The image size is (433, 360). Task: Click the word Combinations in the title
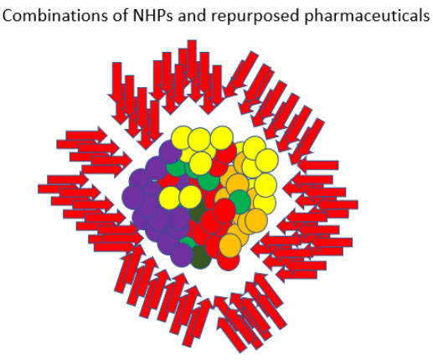pyautogui.click(x=54, y=16)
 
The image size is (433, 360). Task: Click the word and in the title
pyautogui.click(x=193, y=16)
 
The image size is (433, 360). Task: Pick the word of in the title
pyautogui.click(x=120, y=16)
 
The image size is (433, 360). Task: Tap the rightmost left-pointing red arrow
pyautogui.click(x=333, y=204)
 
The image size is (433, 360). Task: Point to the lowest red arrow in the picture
pyautogui.click(x=232, y=336)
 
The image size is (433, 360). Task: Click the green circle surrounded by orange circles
pyautogui.click(x=240, y=200)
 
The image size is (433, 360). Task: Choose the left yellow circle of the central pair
pyautogui.click(x=170, y=197)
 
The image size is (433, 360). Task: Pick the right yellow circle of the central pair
pyautogui.click(x=190, y=197)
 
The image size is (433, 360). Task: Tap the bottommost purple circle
pyautogui.click(x=182, y=255)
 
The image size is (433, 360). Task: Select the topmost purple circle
pyautogui.click(x=170, y=152)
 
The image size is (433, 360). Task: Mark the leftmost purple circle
pyautogui.click(x=133, y=197)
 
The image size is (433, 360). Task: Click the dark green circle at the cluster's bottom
pyautogui.click(x=201, y=257)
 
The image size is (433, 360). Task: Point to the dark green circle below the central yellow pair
pyautogui.click(x=198, y=211)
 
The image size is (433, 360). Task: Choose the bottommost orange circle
pyautogui.click(x=230, y=245)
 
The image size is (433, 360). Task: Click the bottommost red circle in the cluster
pyautogui.click(x=229, y=260)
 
